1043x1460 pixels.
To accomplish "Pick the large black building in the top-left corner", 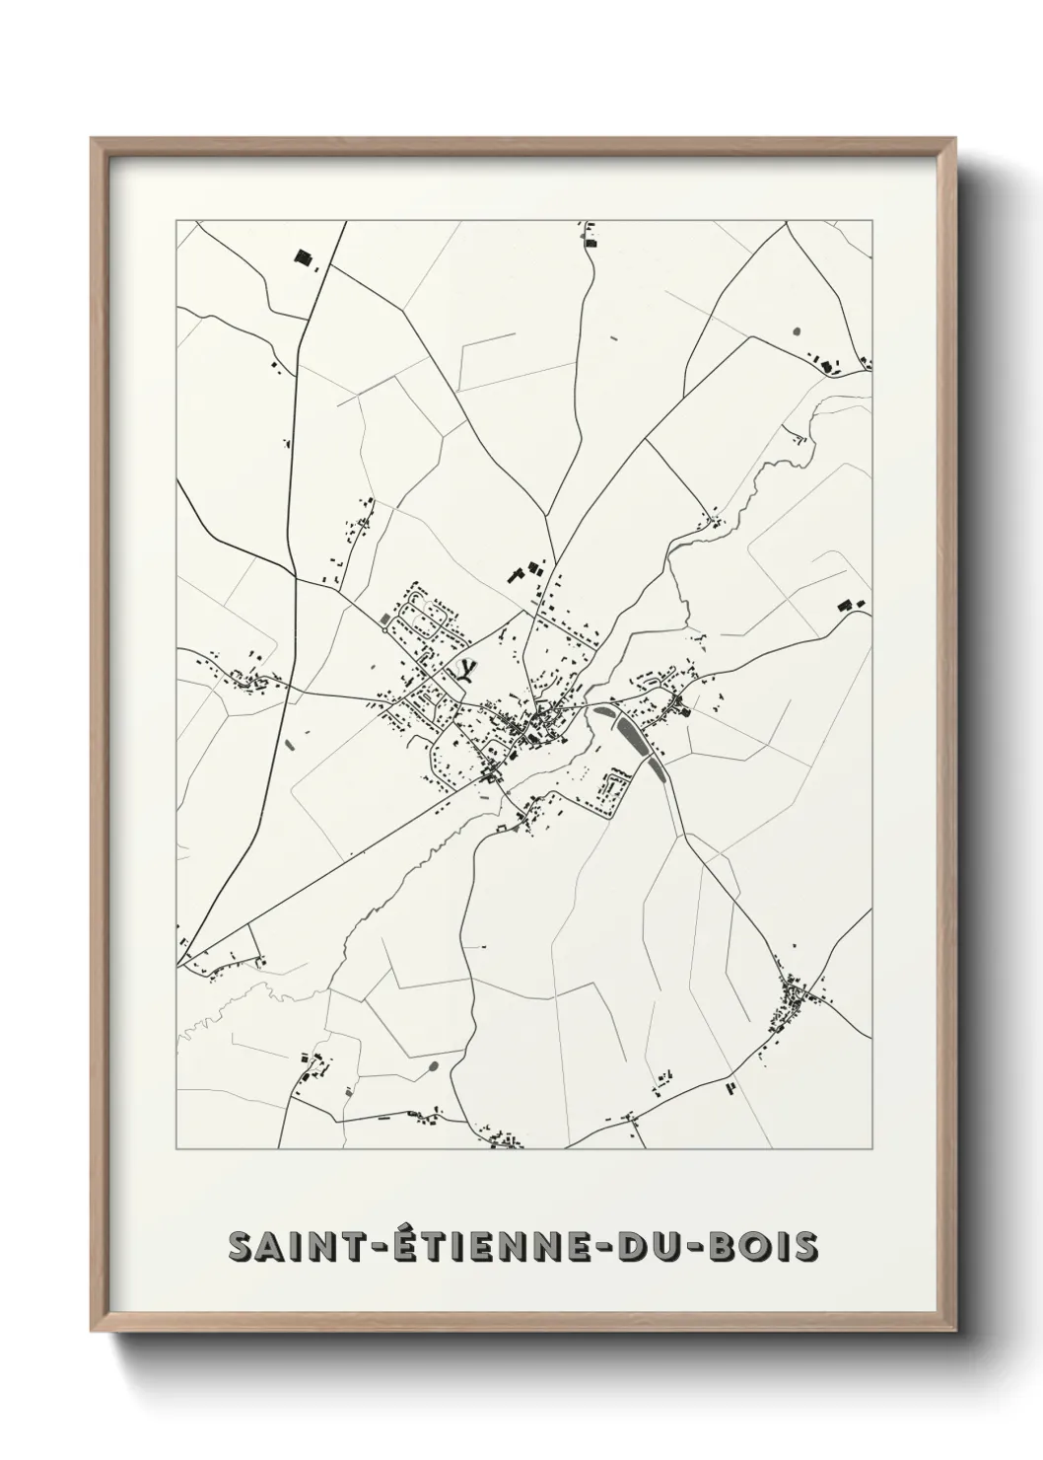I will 303,258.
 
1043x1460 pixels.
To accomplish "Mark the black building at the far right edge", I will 844,605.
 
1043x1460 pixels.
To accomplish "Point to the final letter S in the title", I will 806,1246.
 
